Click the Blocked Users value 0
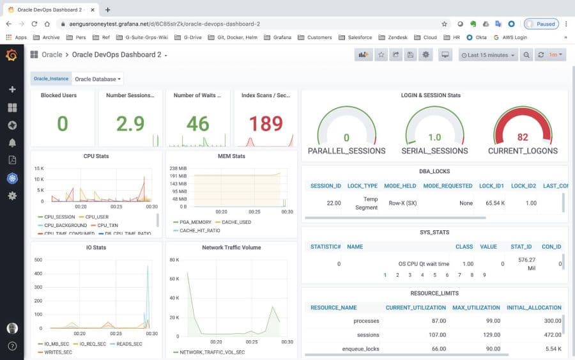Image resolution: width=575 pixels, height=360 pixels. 62,123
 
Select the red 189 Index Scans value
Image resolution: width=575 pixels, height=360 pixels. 265,123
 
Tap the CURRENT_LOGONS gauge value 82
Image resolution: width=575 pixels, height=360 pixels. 523,137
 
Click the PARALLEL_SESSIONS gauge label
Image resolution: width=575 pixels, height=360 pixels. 346,151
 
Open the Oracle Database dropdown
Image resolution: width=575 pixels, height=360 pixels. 98,79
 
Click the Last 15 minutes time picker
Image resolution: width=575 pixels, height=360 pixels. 488,55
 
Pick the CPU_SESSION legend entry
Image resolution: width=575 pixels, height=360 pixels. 59,217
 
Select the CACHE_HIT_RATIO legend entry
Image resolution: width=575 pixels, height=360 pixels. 199,230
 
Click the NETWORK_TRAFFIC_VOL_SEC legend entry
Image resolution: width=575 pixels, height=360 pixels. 211,352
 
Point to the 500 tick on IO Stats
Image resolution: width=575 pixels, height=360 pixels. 38,260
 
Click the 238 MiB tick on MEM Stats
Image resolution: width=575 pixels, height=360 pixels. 178,168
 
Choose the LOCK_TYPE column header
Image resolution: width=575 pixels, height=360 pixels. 362,185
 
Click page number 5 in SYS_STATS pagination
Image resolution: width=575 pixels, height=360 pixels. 434,275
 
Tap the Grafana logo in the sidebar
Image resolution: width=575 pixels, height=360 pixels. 11,55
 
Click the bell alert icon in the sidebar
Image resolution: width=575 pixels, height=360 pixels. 12,143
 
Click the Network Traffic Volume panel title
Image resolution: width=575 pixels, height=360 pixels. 231,247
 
